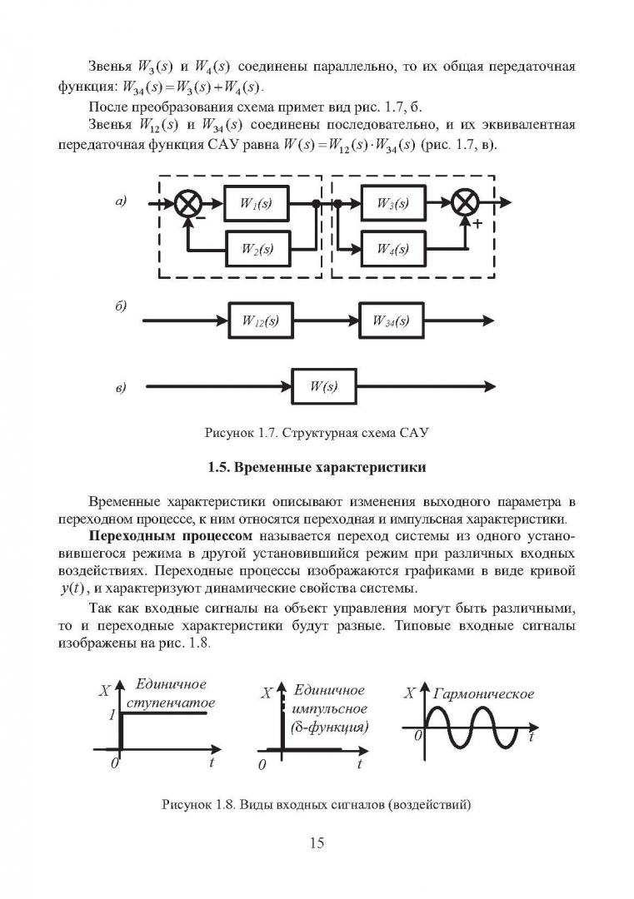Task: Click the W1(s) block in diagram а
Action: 256,203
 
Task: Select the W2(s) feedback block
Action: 257,248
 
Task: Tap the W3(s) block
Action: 393,203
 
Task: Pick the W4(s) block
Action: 393,249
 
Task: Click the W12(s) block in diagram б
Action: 261,320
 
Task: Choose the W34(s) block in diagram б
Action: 392,320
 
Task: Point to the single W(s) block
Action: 324,386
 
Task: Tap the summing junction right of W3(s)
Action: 466,203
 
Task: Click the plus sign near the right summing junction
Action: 477,224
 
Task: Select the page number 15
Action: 317,842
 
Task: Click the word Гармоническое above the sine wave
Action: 483,694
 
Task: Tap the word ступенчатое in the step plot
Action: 171,703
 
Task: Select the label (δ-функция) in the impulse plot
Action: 329,727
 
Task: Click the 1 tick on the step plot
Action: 112,714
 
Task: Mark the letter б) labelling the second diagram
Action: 121,305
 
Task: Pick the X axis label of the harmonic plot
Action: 410,693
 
